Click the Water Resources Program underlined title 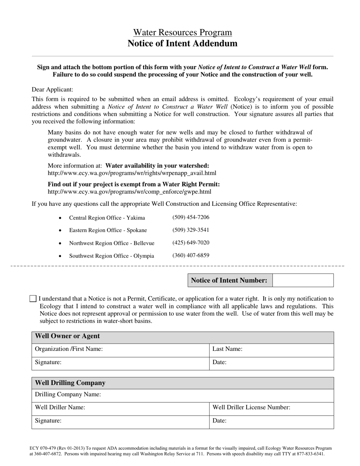click(182, 33)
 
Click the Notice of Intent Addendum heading click(182, 43)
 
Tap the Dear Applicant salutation click(53, 89)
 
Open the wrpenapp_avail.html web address click(132, 173)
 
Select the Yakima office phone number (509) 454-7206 click(191, 217)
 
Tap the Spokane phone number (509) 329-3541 click(191, 230)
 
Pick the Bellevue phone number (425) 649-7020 click(191, 243)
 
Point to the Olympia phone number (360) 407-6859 click(191, 255)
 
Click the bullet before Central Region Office click(61, 218)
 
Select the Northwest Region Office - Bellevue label click(111, 243)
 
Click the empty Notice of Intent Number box click(303, 280)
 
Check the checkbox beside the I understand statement click(33, 299)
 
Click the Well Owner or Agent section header click(67, 336)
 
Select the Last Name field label click(227, 349)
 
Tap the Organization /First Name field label click(69, 349)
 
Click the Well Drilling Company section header click(70, 383)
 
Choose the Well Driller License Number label click(251, 408)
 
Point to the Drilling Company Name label click(68, 395)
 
